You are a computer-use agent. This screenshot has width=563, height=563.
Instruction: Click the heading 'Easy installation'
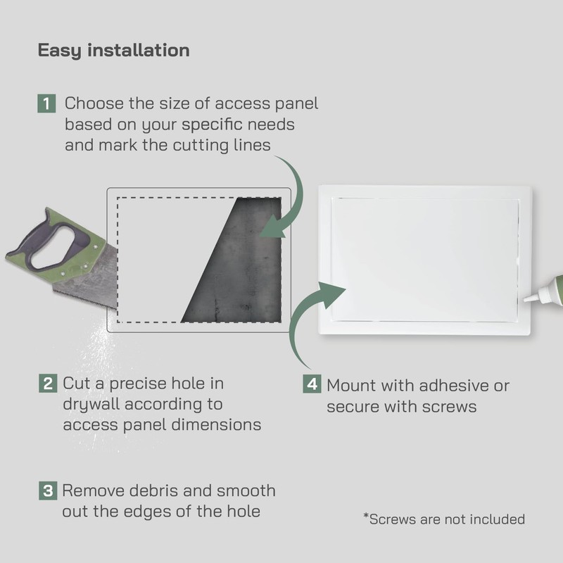[113, 51]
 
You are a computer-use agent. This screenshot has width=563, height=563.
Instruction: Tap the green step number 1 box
[46, 104]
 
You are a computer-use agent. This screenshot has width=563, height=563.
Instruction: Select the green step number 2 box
[47, 384]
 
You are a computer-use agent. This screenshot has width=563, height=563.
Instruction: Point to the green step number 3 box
[47, 491]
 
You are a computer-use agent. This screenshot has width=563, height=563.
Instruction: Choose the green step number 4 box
[312, 386]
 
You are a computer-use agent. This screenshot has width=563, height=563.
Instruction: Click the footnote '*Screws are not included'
[443, 519]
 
